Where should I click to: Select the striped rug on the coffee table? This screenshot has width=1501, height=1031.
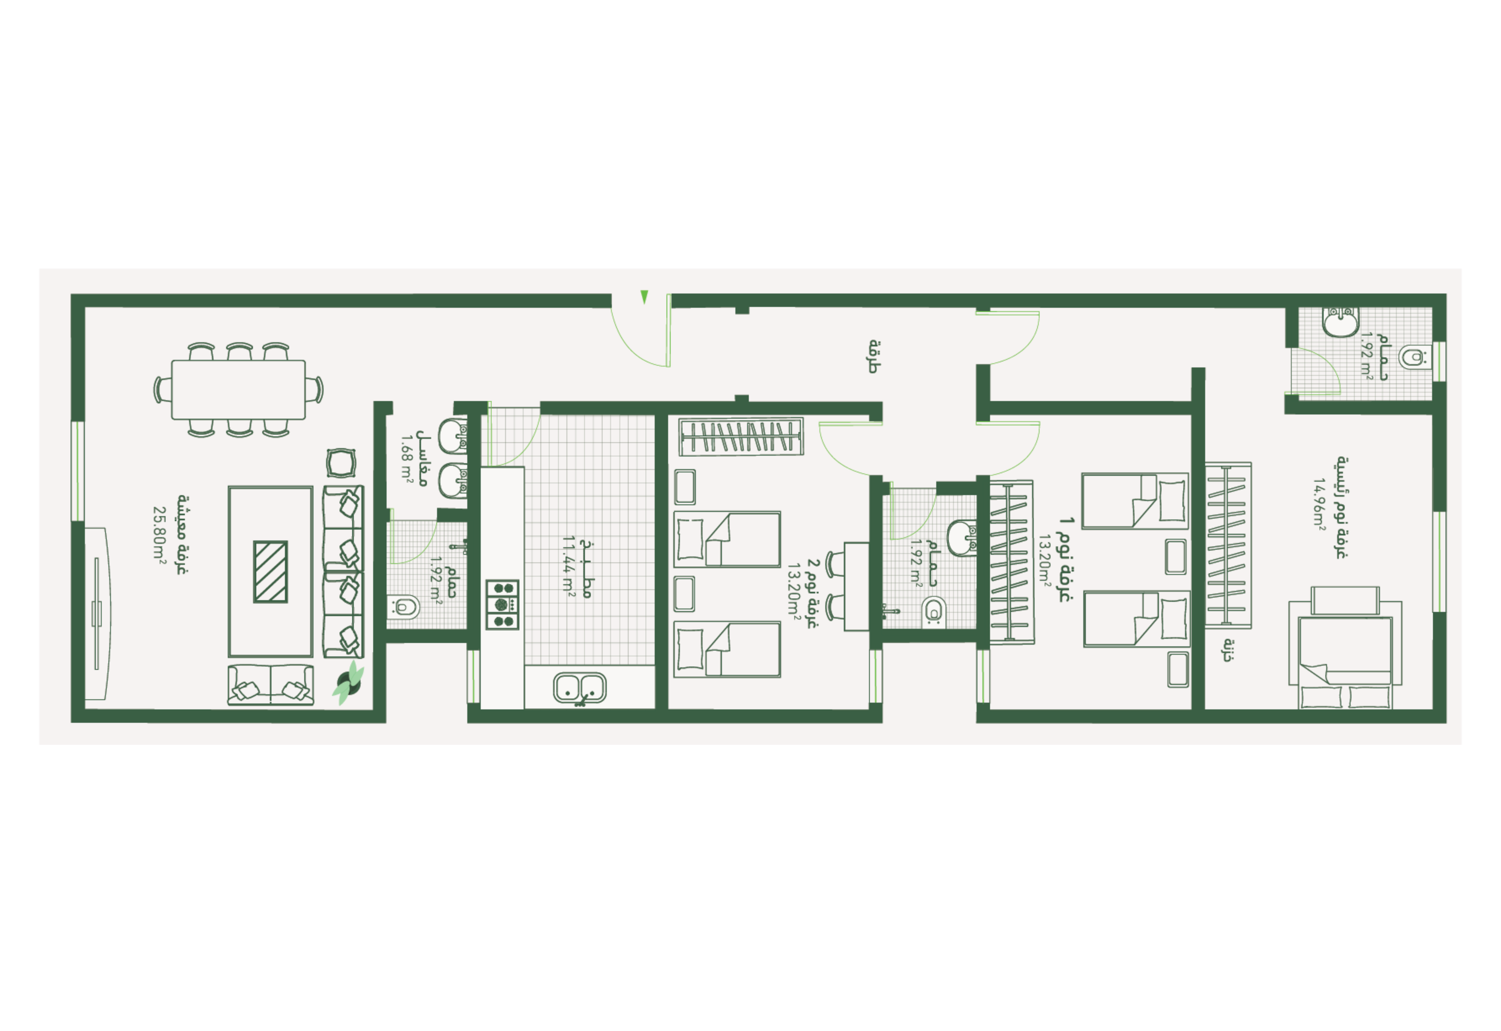click(270, 572)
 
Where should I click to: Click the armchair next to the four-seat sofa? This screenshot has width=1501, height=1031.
click(341, 463)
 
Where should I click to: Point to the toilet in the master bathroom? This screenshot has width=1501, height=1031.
click(1414, 356)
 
